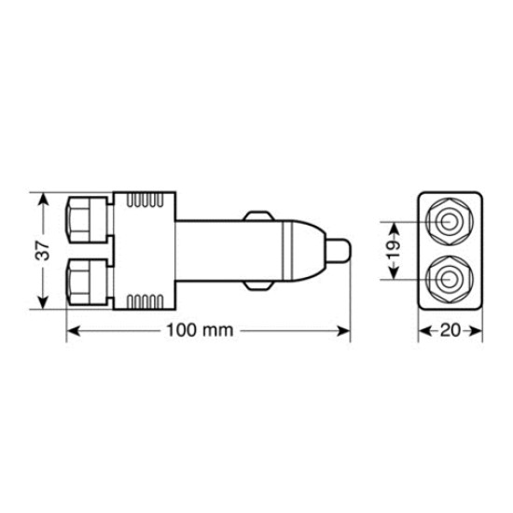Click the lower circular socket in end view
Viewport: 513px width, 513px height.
[x=449, y=279]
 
